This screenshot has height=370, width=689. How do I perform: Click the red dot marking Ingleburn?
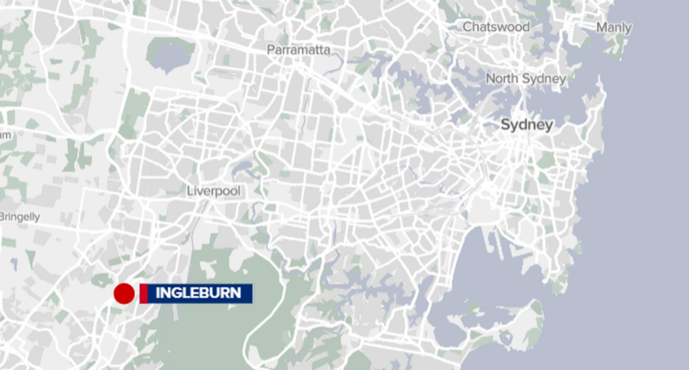[x=123, y=293]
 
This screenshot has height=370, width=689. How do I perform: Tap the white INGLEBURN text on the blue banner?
[x=198, y=293]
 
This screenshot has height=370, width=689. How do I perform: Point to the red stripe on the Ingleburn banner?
[x=143, y=293]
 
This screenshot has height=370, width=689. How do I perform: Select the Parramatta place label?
[x=299, y=50]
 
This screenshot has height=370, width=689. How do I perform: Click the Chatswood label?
[x=495, y=27]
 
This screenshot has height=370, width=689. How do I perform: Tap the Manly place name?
[x=614, y=28]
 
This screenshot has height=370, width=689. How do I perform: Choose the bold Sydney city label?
[x=527, y=126]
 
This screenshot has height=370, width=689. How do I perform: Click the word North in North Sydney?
[x=503, y=79]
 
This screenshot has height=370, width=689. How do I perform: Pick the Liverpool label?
[x=214, y=190]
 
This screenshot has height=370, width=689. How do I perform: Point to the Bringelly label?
[x=19, y=217]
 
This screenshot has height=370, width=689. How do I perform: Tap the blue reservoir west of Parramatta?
[x=169, y=53]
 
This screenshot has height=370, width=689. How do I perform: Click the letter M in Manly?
[x=601, y=28]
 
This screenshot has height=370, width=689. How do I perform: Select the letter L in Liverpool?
[x=190, y=190]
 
